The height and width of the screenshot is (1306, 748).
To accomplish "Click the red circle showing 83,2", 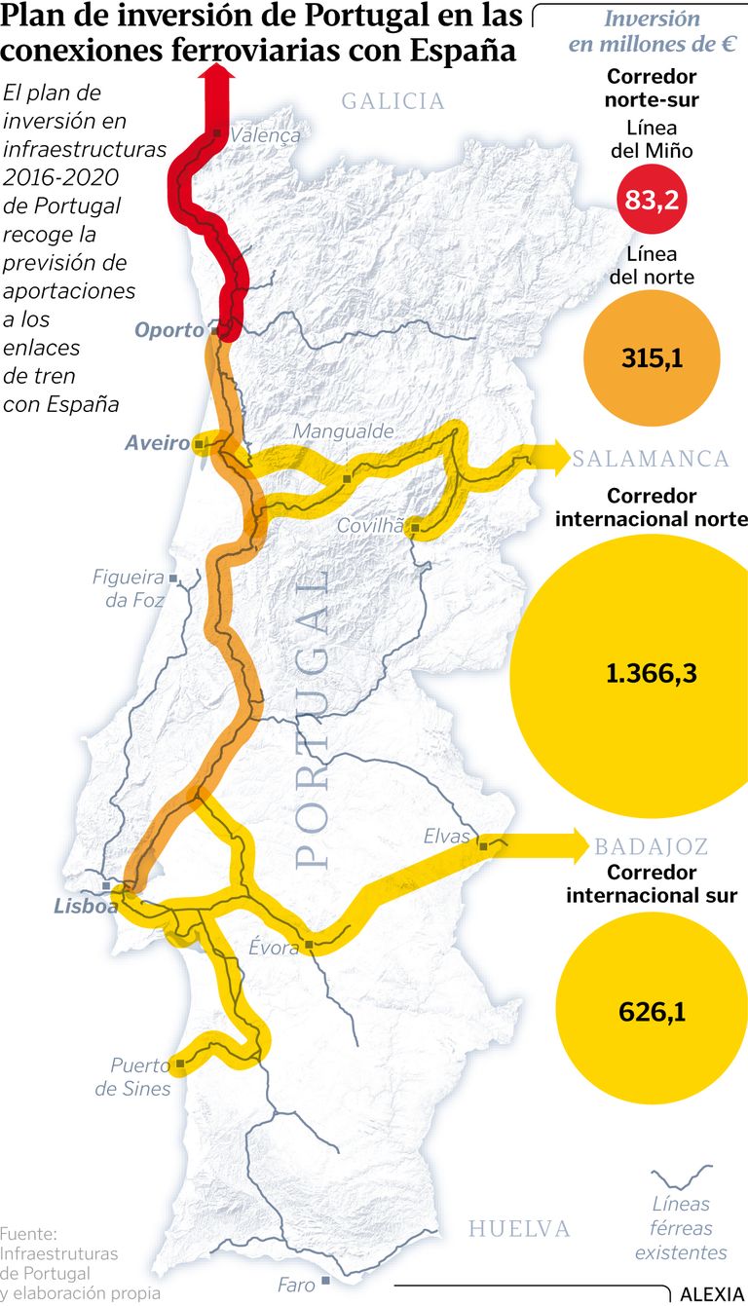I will tap(652, 201).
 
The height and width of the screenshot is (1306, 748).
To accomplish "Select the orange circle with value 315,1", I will tap(652, 358).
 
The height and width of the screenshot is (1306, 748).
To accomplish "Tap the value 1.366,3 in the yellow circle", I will tap(651, 673).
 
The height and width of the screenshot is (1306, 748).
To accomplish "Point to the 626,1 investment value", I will tap(652, 1012).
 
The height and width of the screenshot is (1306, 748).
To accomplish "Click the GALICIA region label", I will tap(393, 100).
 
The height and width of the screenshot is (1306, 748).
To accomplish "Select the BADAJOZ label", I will tap(652, 846).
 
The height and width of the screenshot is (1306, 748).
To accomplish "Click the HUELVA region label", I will tap(519, 1228).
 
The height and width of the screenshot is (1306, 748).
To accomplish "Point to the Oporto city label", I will tap(169, 330).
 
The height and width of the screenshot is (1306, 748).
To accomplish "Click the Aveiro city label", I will tap(156, 443).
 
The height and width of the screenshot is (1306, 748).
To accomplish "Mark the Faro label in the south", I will tap(296, 1285).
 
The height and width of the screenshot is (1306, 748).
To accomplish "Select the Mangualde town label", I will tap(344, 430).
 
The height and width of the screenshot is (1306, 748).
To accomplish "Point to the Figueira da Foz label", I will tap(129, 588).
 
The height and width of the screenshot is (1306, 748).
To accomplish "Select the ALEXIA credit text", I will tap(711, 1294).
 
